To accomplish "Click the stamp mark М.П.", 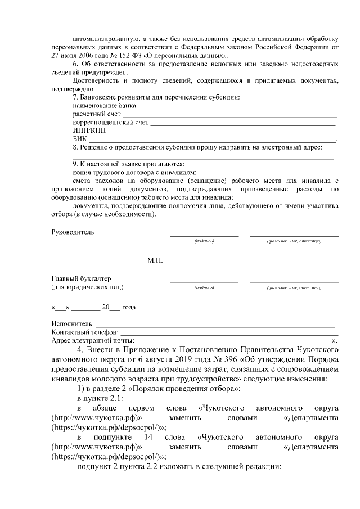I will click(x=155, y=261).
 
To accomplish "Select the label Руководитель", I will click(x=73, y=232).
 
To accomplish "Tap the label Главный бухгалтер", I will click(x=81, y=278).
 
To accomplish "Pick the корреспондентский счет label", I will click(x=110, y=122).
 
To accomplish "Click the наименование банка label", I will click(x=105, y=105).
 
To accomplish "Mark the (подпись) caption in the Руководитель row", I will click(x=204, y=241).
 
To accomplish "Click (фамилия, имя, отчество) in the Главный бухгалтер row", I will click(x=294, y=287).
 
